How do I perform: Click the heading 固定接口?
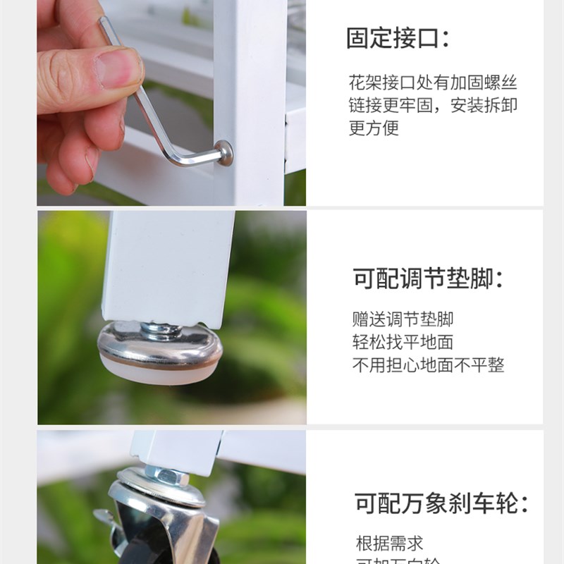pos(398,38)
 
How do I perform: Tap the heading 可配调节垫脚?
pos(428,278)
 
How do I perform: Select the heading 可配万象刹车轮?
pos(441,503)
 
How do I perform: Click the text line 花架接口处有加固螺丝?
pos(433,82)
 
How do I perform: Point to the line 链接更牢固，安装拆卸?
pos(433,106)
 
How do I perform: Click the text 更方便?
pos(374,128)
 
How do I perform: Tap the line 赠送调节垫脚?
pos(403,319)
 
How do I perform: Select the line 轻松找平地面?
pos(403,342)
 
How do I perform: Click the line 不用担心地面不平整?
pos(428,365)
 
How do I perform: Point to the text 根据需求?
pos(389,544)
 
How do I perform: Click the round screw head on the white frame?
pos(225,152)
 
